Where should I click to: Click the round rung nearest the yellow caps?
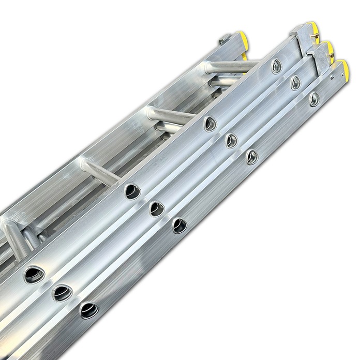pyautogui.click(x=235, y=66)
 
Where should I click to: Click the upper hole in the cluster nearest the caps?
pyautogui.click(x=277, y=66)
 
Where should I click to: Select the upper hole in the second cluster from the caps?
pyautogui.click(x=211, y=123)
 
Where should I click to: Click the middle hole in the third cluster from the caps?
pyautogui.click(x=156, y=208)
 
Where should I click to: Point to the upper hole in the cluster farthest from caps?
pyautogui.click(x=35, y=274)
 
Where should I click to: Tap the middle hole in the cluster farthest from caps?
pyautogui.click(x=63, y=293)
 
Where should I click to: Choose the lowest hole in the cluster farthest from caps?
pyautogui.click(x=89, y=310)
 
